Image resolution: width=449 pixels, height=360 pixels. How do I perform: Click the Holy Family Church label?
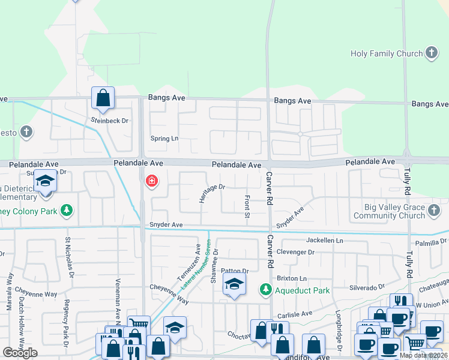[x=387, y=54]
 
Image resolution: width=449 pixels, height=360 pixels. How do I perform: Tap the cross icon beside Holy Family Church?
[x=432, y=53]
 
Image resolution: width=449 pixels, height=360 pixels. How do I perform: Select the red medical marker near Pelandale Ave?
[x=152, y=181]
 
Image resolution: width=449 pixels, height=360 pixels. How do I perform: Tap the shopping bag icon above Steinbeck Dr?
[x=103, y=98]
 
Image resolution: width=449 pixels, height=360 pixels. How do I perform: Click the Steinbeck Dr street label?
[x=110, y=121]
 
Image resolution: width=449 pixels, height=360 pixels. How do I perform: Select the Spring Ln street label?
[x=164, y=139]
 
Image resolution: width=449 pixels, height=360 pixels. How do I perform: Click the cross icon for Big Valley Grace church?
[x=435, y=211]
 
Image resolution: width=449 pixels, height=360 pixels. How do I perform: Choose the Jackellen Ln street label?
[x=325, y=240]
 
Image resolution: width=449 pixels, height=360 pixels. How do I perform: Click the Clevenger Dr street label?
[x=295, y=253]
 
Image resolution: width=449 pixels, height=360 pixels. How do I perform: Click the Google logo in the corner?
[x=20, y=353]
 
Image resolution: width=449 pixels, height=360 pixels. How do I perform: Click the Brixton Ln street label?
[x=292, y=279]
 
